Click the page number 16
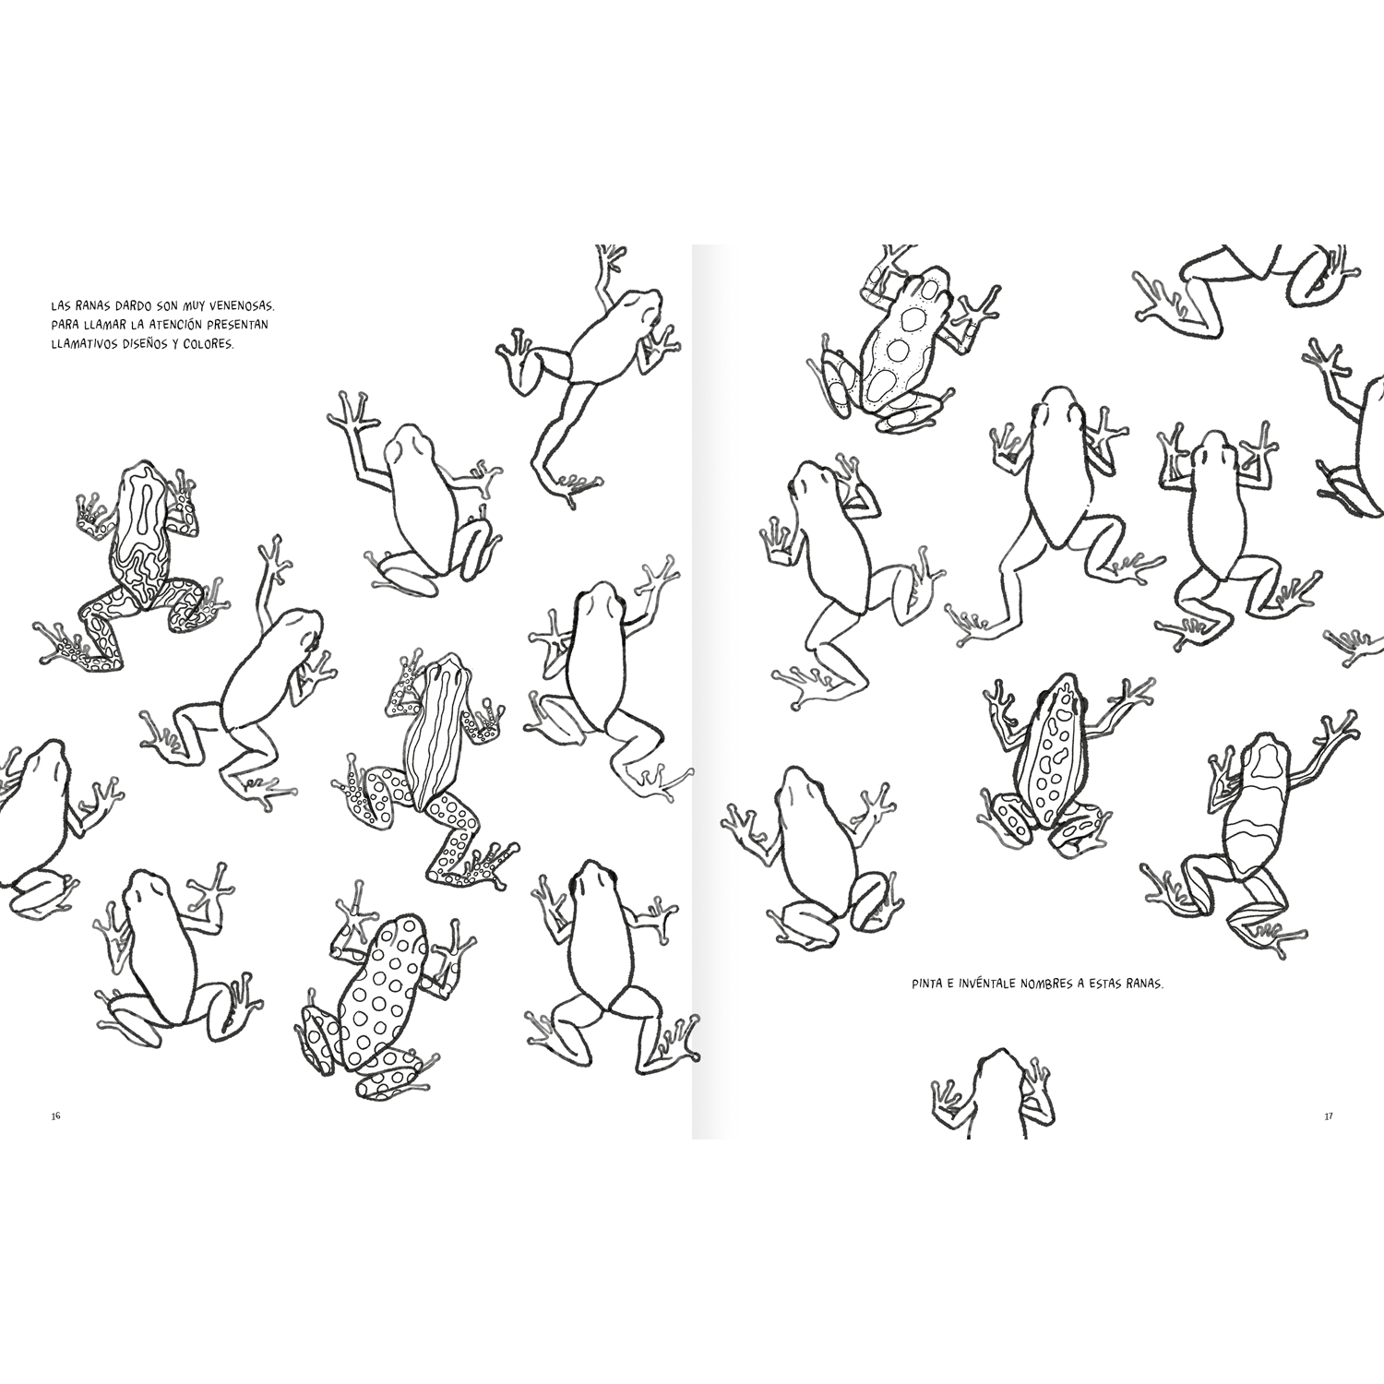pos(55,1116)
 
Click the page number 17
pos(1328,1116)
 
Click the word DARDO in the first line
pos(123,304)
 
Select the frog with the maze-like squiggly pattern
pos(138,563)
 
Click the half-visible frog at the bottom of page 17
pos(992,1098)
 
